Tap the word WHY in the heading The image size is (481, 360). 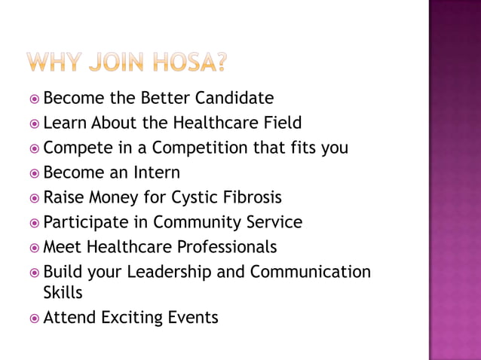(x=54, y=62)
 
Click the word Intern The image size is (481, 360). (x=156, y=172)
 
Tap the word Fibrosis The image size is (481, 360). (x=251, y=197)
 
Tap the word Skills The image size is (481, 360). (x=63, y=292)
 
